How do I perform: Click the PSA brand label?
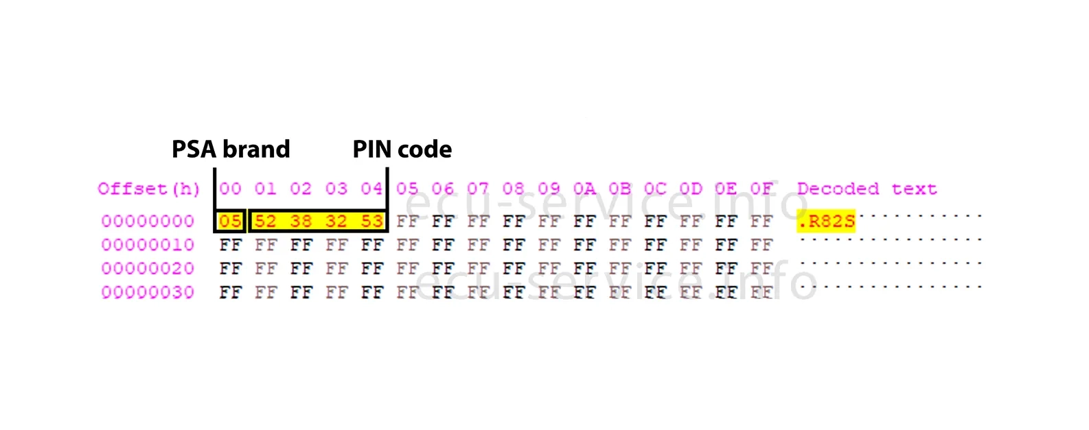pos(231,150)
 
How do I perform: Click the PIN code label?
pos(402,150)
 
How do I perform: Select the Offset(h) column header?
pos(148,189)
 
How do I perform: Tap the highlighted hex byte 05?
pos(230,222)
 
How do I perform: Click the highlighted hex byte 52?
pos(265,222)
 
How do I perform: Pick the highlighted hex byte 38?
pos(301,222)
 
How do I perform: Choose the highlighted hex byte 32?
pos(336,222)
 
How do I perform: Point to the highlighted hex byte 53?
pos(371,222)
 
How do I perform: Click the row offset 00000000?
pos(148,222)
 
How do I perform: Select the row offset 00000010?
pos(148,245)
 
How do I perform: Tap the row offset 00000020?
pos(148,269)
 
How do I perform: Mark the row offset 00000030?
pos(148,292)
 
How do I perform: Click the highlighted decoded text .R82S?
pos(826,222)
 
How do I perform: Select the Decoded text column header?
pos(867,189)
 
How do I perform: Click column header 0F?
pos(761,189)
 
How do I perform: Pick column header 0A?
pos(584,189)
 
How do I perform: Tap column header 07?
pos(478,189)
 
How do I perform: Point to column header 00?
pos(230,189)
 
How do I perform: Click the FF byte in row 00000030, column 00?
pos(230,292)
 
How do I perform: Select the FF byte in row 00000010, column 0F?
pos(761,245)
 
